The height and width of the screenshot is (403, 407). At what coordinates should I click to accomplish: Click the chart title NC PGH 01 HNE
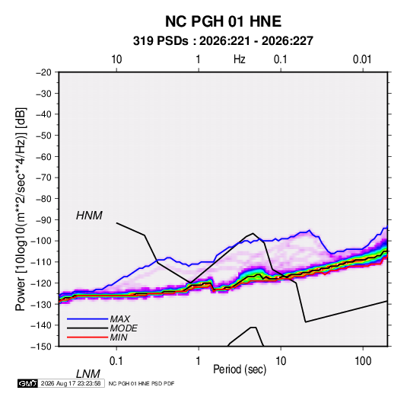click(x=223, y=21)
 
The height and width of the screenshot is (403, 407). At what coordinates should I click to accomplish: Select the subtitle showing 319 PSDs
click(x=223, y=41)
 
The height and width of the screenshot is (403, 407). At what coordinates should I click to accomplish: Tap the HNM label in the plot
click(x=89, y=216)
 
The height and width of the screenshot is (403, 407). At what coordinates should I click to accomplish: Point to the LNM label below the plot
click(x=87, y=374)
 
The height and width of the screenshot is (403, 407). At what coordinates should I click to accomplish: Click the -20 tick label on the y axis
click(x=43, y=72)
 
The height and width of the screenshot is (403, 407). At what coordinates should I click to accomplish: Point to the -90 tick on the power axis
click(x=43, y=220)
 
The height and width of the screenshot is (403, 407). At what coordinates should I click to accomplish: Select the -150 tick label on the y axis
click(x=41, y=347)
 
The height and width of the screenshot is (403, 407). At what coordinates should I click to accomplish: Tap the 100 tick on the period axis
click(x=363, y=361)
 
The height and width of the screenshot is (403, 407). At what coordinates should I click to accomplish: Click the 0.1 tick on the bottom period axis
click(x=116, y=361)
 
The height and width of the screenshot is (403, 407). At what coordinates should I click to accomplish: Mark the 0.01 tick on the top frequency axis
click(x=362, y=59)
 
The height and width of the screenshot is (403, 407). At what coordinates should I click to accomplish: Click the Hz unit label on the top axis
click(x=240, y=59)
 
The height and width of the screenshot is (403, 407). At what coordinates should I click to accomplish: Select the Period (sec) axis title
click(x=240, y=369)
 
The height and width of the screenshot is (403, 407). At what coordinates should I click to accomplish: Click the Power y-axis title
click(x=21, y=209)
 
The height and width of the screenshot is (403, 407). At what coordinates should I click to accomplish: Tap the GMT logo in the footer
click(x=27, y=383)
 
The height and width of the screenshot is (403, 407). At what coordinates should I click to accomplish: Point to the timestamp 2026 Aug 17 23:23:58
click(x=71, y=383)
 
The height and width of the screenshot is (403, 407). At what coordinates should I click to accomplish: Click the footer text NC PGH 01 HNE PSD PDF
click(x=141, y=383)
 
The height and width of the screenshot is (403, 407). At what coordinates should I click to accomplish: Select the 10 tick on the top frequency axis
click(x=116, y=59)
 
